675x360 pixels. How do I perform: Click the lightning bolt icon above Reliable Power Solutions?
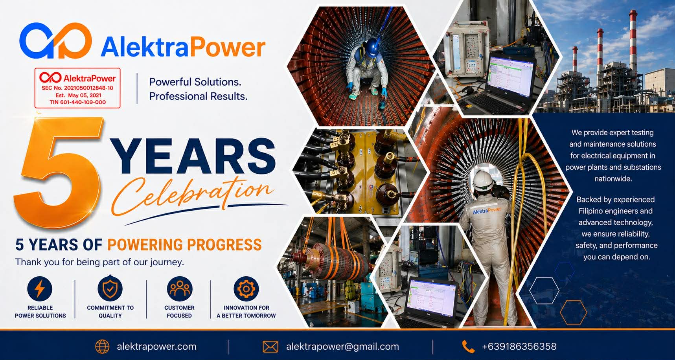coord(40,289)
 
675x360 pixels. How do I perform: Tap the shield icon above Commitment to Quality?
coord(110,288)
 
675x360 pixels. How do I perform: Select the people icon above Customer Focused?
coord(180,289)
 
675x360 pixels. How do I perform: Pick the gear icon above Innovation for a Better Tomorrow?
coord(246,289)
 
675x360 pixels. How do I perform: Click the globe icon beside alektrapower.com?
coord(103,347)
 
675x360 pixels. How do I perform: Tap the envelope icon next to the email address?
coord(270,347)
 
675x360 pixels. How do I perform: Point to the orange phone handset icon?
coord(468,347)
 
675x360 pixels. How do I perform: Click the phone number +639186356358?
coord(519,347)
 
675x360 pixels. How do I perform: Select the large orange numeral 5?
coord(59,173)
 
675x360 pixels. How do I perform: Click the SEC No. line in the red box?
coord(77,88)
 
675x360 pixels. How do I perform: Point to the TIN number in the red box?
coord(77,102)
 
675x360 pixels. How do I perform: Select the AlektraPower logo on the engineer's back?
coord(487,211)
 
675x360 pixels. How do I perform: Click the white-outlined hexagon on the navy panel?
coord(544,290)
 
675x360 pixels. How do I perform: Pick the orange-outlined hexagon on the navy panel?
coord(573,312)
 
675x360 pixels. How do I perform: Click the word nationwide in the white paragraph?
coord(613,179)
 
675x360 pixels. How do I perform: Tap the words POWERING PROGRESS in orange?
coord(184,245)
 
